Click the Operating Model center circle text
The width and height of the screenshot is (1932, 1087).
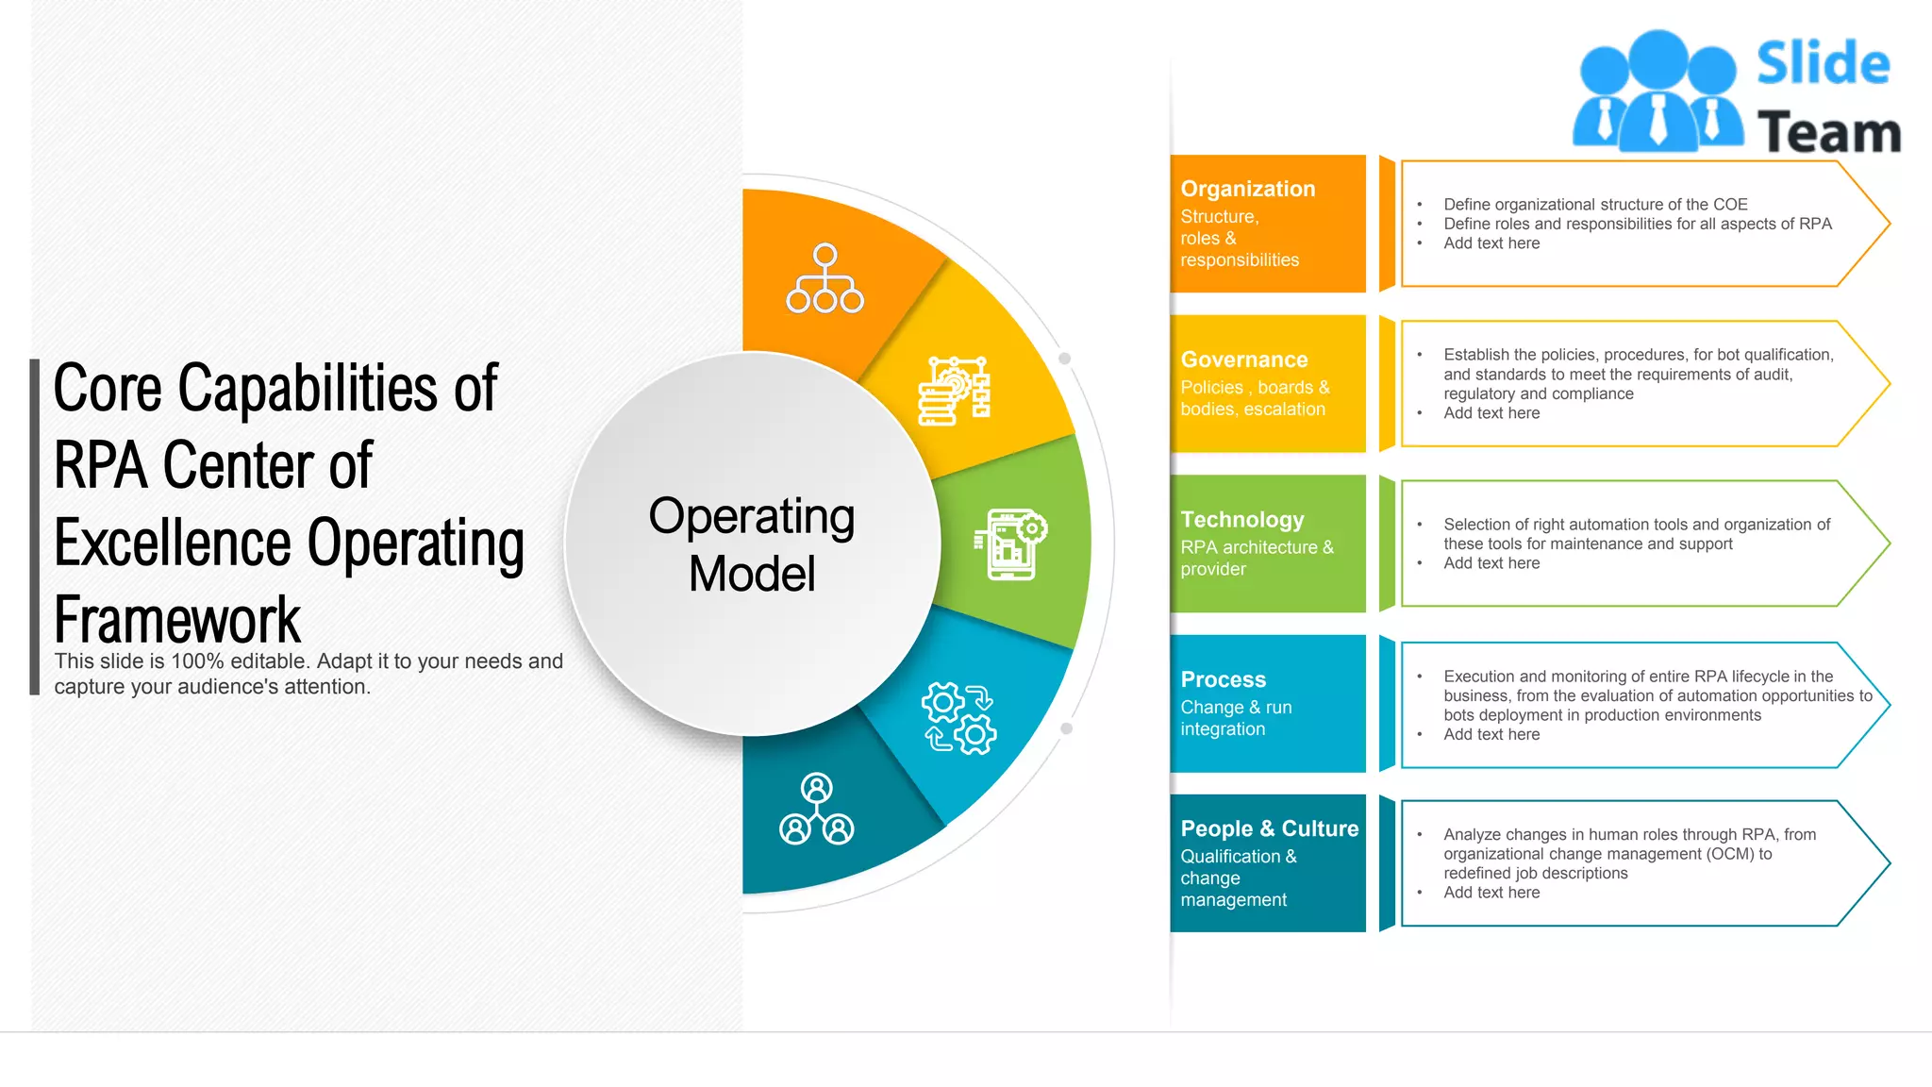pyautogui.click(x=752, y=544)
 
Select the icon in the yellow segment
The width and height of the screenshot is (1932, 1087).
pyautogui.click(x=955, y=391)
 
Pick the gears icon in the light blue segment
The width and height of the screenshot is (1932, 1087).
pyautogui.click(x=958, y=718)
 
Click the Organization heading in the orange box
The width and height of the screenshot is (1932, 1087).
pyautogui.click(x=1247, y=189)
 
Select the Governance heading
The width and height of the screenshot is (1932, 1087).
pyautogui.click(x=1243, y=360)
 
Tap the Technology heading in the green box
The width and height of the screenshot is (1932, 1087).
pyautogui.click(x=1241, y=520)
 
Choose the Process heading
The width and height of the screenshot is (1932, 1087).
pyautogui.click(x=1223, y=679)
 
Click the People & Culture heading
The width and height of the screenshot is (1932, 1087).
pyautogui.click(x=1269, y=828)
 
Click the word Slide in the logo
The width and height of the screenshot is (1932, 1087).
pyautogui.click(x=1823, y=63)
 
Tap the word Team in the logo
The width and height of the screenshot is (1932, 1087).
pyautogui.click(x=1828, y=132)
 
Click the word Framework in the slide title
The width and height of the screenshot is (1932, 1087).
pyautogui.click(x=177, y=620)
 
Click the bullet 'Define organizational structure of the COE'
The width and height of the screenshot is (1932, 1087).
pyautogui.click(x=1595, y=204)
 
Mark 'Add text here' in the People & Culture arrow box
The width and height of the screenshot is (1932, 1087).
pyautogui.click(x=1491, y=893)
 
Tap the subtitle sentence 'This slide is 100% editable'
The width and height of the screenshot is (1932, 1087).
pyautogui.click(x=308, y=661)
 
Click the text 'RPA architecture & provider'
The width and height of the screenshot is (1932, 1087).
pyautogui.click(x=1256, y=558)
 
